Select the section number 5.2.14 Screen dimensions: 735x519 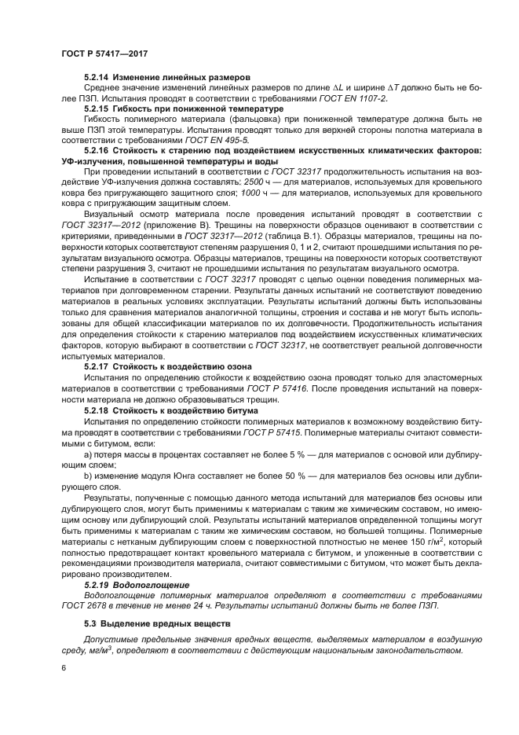(x=97, y=78)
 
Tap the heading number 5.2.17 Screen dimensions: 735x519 (x=97, y=366)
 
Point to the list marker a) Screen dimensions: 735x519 (x=87, y=454)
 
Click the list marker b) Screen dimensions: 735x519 (x=87, y=474)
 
